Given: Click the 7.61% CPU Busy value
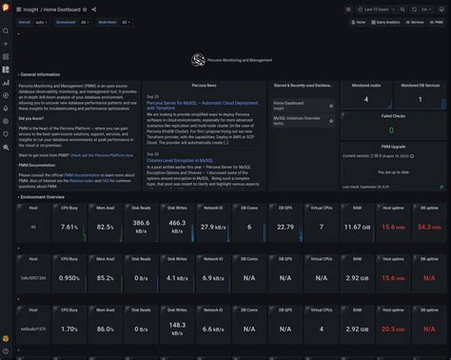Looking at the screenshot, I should pyautogui.click(x=69, y=228).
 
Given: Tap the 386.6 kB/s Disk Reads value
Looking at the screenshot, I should pyautogui.click(x=141, y=228).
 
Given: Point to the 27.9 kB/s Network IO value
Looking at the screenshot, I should pyautogui.click(x=213, y=228).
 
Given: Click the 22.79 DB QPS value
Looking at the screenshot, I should pyautogui.click(x=284, y=228).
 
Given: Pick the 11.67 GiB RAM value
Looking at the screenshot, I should pyautogui.click(x=358, y=228).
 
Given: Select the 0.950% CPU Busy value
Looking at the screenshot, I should pyautogui.click(x=69, y=278).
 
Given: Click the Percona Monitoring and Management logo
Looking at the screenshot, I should pyautogui.click(x=198, y=61).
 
